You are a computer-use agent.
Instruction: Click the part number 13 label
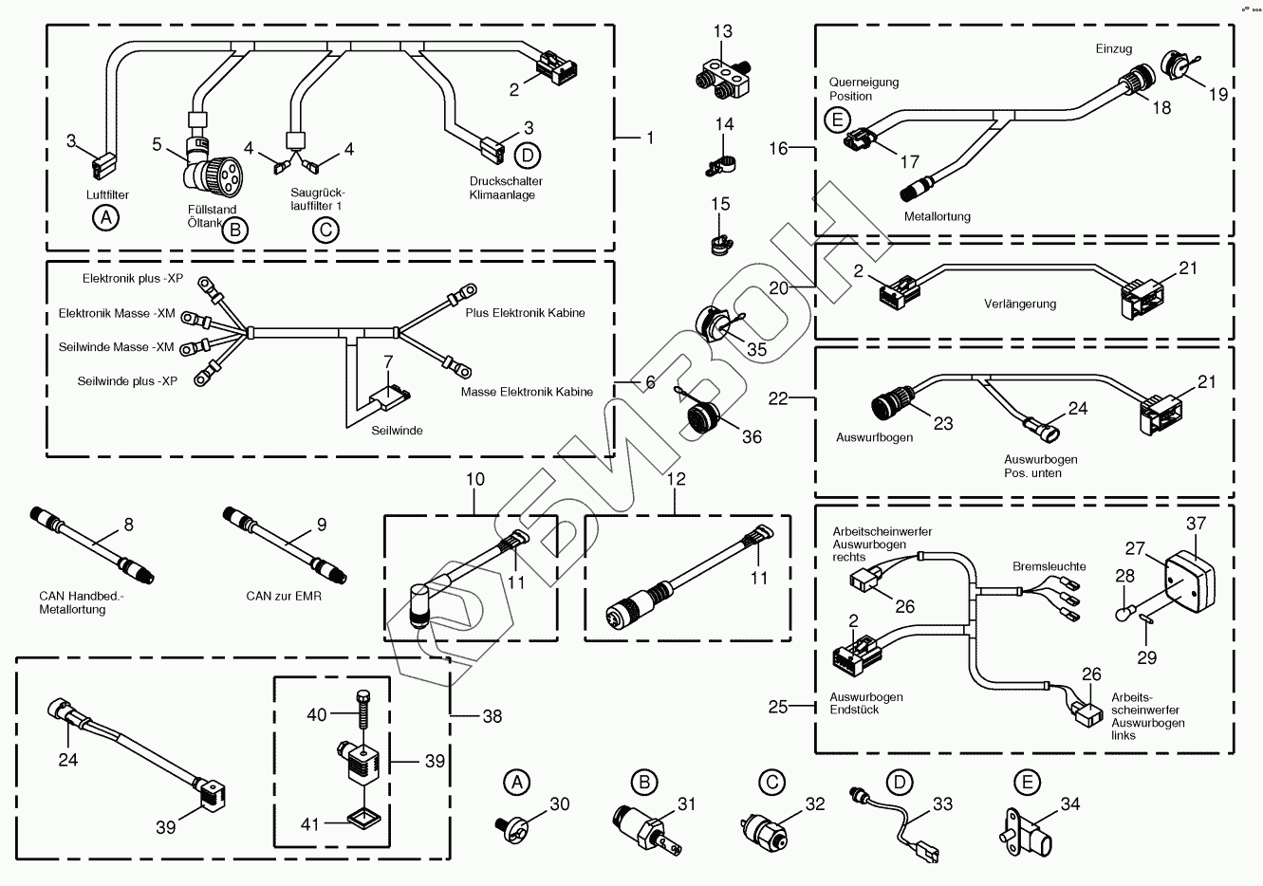coord(723,32)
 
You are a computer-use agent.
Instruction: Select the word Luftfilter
coord(107,195)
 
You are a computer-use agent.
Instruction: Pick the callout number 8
coord(129,524)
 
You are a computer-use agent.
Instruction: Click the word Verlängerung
coord(1020,305)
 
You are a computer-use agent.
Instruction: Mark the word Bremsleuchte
coord(1049,566)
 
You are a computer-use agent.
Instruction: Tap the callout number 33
coord(941,804)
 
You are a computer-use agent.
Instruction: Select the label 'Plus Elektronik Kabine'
coord(525,313)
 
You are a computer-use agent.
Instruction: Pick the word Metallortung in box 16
coord(938,217)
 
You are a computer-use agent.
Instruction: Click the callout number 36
coord(752,437)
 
